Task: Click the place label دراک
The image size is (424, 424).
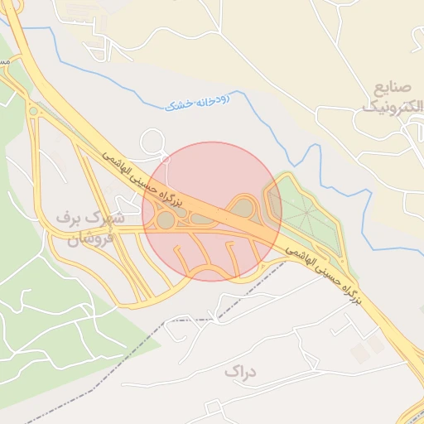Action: tap(240, 372)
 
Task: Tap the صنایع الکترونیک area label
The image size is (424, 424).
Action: tap(387, 97)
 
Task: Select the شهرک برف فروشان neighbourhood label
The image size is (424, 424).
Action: tap(90, 229)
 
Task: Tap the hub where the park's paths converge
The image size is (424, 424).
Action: tap(307, 213)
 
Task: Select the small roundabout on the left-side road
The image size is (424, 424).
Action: tap(33, 111)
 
